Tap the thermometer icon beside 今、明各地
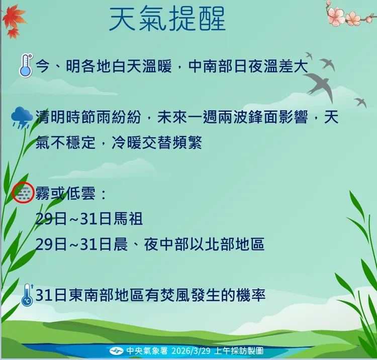coord(25,66)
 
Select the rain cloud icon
coord(22,117)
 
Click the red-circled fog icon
coord(23,193)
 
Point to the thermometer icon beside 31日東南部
coord(27,295)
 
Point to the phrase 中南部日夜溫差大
coord(248,66)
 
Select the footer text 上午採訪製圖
coord(239,350)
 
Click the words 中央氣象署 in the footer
coord(143,350)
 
